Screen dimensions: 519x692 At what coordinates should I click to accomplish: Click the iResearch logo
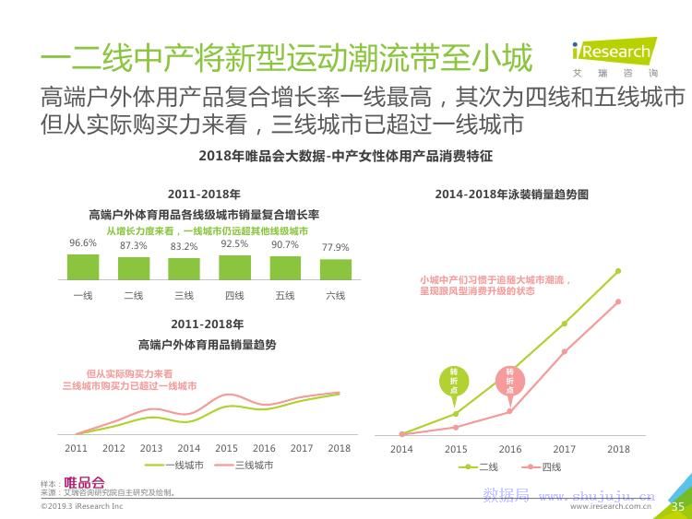pos(612,53)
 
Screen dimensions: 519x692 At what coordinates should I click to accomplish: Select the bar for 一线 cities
pos(83,266)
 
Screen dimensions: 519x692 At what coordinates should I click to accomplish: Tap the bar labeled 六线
pos(336,269)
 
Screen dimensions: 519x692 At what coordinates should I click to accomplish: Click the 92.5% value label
pos(234,244)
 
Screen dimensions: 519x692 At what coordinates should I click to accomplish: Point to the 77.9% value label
pos(336,247)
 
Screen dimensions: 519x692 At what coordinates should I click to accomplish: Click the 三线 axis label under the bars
pos(184,296)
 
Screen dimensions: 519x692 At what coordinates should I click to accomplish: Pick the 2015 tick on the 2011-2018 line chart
pos(226,448)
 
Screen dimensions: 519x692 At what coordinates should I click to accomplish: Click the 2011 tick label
pos(76,448)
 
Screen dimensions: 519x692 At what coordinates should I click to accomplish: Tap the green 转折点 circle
pos(454,381)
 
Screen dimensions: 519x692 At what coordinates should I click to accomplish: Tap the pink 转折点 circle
pos(508,381)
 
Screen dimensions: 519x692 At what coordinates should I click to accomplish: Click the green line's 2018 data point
pos(618,271)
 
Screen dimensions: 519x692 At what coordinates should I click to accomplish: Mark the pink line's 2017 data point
pos(564,351)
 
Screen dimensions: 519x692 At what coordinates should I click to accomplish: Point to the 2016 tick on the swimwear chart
pos(510,449)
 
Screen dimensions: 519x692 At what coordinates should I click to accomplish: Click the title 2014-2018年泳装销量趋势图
pos(511,195)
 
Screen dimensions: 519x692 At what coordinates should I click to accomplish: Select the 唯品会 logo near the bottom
pos(84,483)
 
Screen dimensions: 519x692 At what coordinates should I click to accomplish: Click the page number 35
pos(677,506)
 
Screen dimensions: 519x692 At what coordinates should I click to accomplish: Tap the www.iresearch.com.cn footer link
pos(611,506)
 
